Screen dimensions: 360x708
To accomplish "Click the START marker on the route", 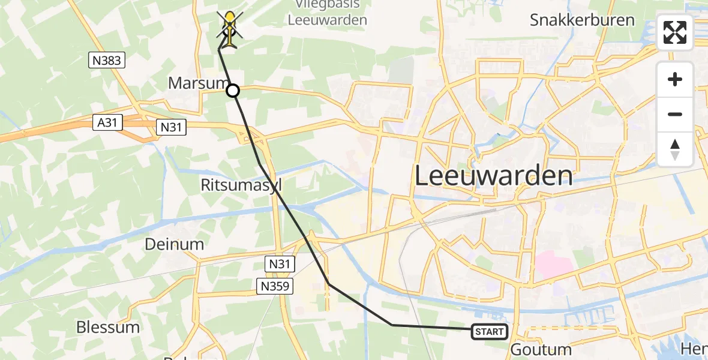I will coord(489,331).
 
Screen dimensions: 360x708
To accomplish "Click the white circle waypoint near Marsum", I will coord(233,91).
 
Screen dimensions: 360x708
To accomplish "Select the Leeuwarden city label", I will coord(493,176).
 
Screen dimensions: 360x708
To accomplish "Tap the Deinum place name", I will coord(174,244).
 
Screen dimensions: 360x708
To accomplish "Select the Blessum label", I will coord(108,327).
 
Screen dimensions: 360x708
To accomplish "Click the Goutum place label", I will coord(541,349).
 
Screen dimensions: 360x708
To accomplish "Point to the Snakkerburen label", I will coord(582,20).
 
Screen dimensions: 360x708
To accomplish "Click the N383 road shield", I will coord(107,59).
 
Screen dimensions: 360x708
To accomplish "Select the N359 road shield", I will coord(276,287).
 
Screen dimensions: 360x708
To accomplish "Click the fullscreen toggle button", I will coord(675,32).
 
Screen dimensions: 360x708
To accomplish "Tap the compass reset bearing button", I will coord(675,149).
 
